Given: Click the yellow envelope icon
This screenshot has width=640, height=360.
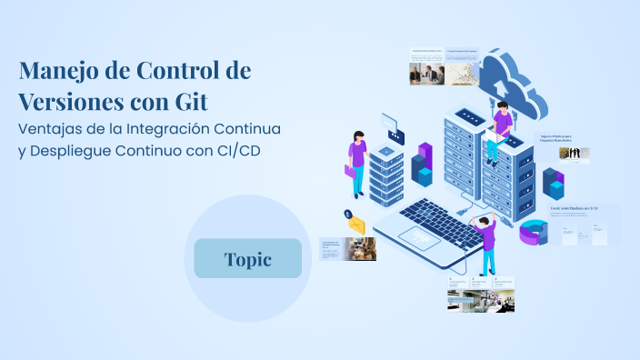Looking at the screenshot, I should [x=356, y=225].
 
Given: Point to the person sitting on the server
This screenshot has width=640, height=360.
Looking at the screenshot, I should [x=499, y=132].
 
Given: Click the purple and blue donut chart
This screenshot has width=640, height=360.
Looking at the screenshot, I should [x=535, y=233].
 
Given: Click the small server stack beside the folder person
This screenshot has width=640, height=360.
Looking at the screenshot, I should [x=386, y=173].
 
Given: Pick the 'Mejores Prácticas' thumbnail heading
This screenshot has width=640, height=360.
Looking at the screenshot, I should [x=559, y=139].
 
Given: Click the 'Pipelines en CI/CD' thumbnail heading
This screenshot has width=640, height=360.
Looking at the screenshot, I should [x=574, y=207].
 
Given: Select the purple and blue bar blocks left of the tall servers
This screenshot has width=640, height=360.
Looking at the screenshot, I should [x=423, y=164].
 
